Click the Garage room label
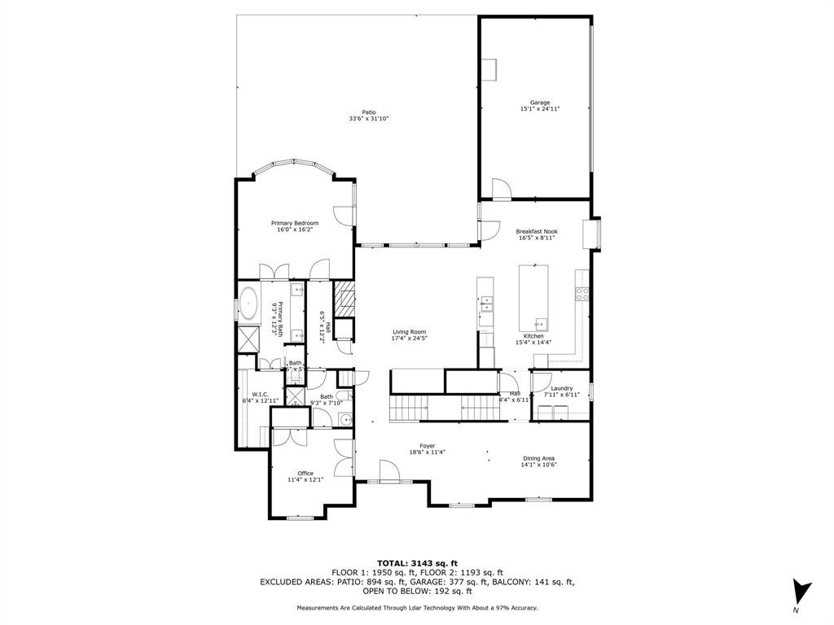[x=534, y=103]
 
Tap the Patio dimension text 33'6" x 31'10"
[x=369, y=119]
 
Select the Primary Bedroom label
[x=295, y=223]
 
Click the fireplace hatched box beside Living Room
[x=345, y=298]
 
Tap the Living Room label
[x=409, y=332]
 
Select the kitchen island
[x=533, y=297]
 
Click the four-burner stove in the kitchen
[x=582, y=295]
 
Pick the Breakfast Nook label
[x=536, y=231]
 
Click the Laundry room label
[x=561, y=388]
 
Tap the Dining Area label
[x=539, y=458]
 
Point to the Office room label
[x=305, y=473]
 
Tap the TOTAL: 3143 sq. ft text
[x=417, y=563]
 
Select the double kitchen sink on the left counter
[x=486, y=305]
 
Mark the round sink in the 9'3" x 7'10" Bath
[x=345, y=420]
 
